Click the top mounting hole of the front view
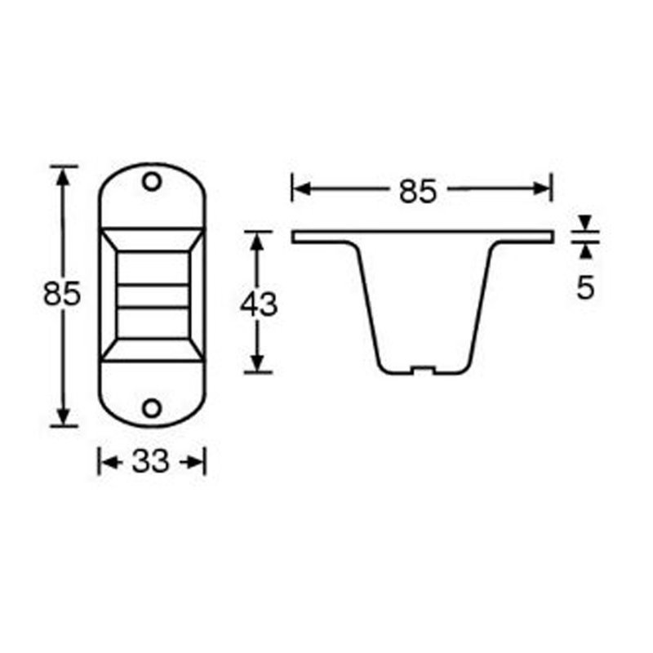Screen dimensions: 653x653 pyautogui.click(x=151, y=181)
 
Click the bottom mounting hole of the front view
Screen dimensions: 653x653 pyautogui.click(x=151, y=407)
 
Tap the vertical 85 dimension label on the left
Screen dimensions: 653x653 pyautogui.click(x=62, y=294)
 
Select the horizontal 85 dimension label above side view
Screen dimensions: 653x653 pyautogui.click(x=419, y=191)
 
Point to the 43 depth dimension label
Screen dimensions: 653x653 pyautogui.click(x=259, y=304)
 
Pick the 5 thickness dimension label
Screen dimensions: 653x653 pyautogui.click(x=585, y=288)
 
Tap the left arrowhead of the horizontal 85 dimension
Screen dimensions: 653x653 pyautogui.click(x=300, y=189)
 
